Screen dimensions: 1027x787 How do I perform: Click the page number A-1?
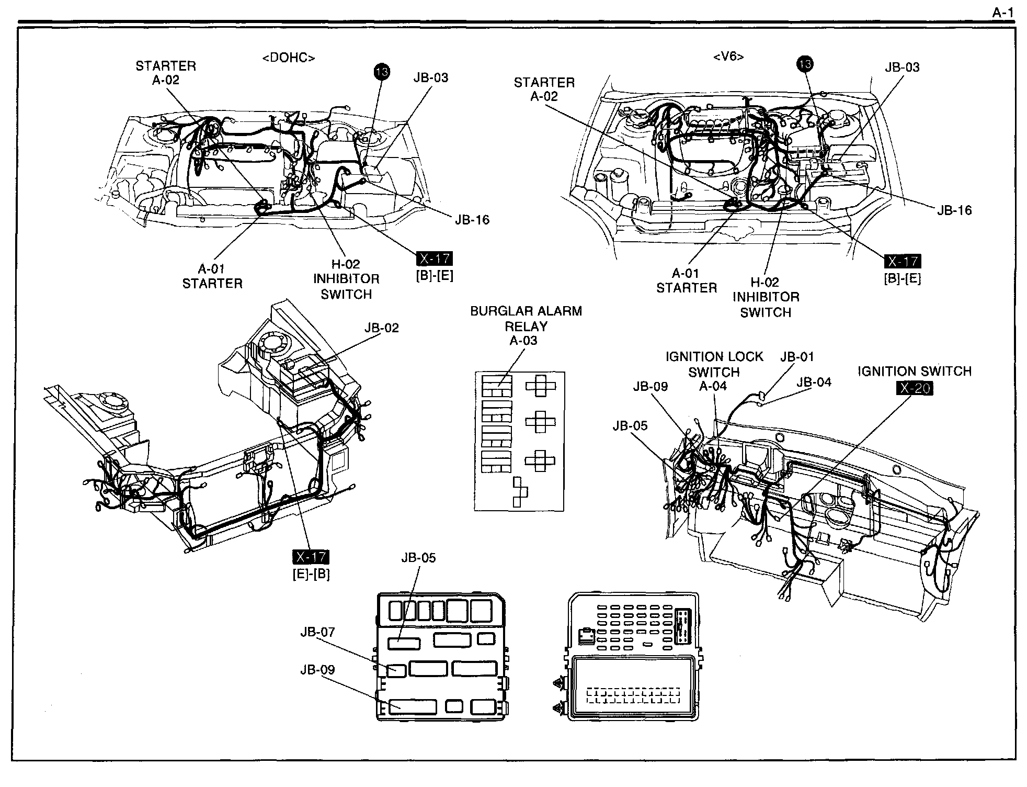(1003, 13)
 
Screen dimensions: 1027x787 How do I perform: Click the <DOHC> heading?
(289, 58)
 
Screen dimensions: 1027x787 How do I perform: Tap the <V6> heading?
(728, 56)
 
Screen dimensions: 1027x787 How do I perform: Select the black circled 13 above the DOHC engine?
(382, 72)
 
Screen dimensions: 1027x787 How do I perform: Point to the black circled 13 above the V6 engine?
(805, 64)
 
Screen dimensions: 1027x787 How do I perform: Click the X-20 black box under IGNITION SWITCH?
(915, 388)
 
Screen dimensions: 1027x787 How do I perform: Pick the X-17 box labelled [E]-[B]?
(311, 558)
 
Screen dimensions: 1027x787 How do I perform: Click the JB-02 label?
(382, 328)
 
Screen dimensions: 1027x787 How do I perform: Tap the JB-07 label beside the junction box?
(317, 632)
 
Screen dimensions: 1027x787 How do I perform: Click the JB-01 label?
(797, 357)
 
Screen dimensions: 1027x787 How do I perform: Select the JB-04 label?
(814, 383)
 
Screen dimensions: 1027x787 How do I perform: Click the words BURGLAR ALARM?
(526, 311)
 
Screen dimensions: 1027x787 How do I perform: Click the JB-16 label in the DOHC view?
(472, 220)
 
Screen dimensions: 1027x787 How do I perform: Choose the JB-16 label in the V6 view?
(954, 210)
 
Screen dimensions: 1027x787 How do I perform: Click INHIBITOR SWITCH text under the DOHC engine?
(346, 287)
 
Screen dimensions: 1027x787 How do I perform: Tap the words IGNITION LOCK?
(714, 357)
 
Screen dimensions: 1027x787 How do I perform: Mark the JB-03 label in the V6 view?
(903, 68)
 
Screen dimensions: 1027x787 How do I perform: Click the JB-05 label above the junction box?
(419, 558)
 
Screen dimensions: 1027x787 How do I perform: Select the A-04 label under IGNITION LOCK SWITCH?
(714, 386)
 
